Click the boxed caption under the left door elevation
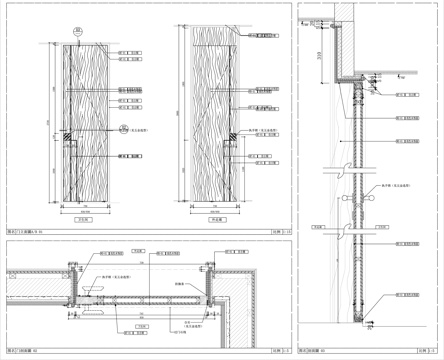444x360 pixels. pyautogui.click(x=83, y=225)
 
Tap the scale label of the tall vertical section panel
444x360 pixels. pyautogui.click(x=429, y=351)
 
